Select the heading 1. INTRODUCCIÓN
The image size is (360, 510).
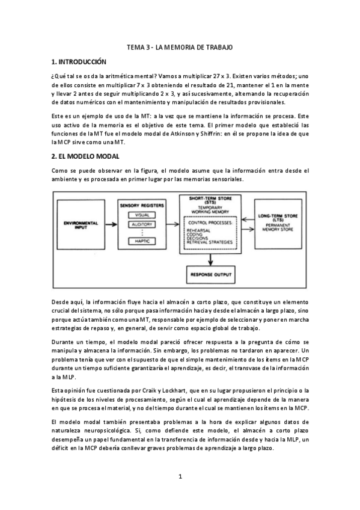coord(79,62)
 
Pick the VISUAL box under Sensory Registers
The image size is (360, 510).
coord(142,215)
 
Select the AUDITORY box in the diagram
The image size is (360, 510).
coord(142,224)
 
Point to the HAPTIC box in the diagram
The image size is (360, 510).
coord(142,241)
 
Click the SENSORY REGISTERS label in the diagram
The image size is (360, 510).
coord(142,205)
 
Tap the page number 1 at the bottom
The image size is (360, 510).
coord(180,476)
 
